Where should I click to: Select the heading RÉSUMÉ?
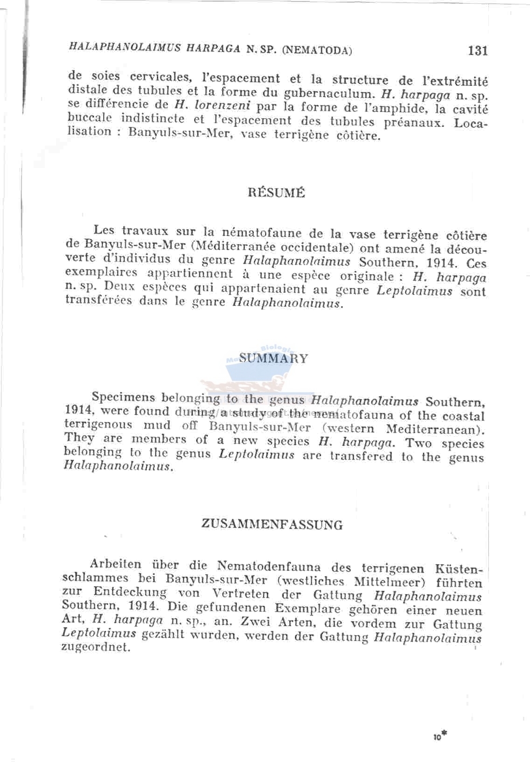pyautogui.click(x=277, y=193)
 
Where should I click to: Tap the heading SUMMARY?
pyautogui.click(x=274, y=358)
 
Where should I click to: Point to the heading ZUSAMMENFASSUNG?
pyautogui.click(x=272, y=525)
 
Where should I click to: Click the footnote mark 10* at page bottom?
pyautogui.click(x=439, y=736)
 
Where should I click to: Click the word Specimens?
pyautogui.click(x=123, y=397)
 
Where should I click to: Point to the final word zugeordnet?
pyautogui.click(x=95, y=648)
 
